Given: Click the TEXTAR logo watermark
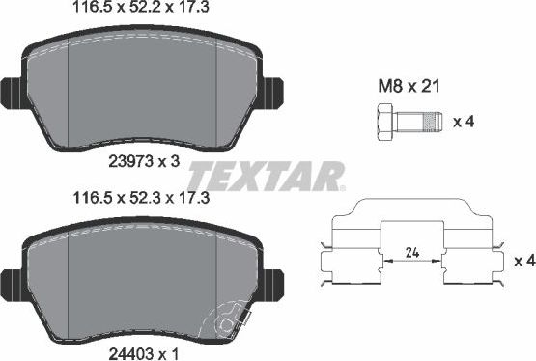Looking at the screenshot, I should [265, 177].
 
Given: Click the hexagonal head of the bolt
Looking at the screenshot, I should [379, 122].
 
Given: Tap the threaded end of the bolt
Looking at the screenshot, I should [434, 122].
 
